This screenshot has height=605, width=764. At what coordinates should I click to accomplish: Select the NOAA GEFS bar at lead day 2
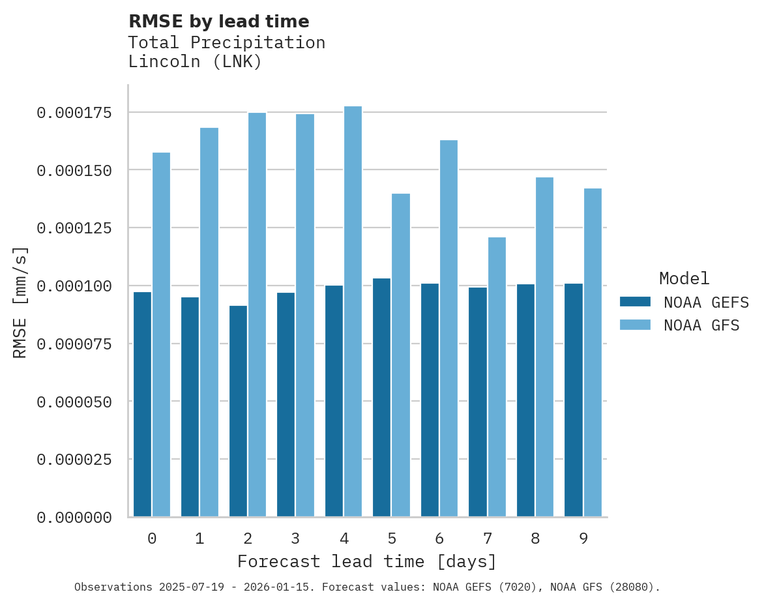[238, 411]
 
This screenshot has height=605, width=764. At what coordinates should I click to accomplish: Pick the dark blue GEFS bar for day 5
[382, 398]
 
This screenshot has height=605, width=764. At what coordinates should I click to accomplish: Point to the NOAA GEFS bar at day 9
[574, 400]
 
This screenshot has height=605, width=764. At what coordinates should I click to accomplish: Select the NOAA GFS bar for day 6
[448, 329]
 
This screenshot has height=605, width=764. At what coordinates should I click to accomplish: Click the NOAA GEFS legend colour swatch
[635, 302]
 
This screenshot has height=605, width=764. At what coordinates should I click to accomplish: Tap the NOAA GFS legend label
[701, 325]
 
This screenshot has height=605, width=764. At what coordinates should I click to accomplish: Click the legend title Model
[684, 278]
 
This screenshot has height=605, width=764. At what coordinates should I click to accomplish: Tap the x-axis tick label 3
[295, 539]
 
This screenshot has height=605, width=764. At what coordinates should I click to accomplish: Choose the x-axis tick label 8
[535, 539]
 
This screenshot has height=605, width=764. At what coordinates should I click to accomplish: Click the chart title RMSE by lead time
[218, 22]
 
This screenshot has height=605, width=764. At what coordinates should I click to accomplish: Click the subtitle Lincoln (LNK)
[195, 62]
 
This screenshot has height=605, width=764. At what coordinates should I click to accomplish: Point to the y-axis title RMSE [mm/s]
[20, 302]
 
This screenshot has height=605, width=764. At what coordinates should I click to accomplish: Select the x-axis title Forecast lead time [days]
[367, 561]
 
